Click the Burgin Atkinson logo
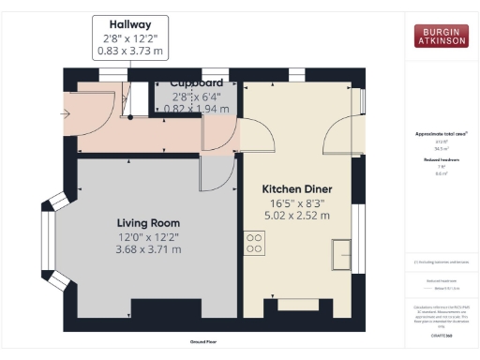point(441,36)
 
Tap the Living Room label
point(148,222)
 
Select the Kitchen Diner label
point(296,188)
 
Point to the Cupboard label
point(196,82)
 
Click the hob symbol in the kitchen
point(254,243)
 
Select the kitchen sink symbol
point(341,254)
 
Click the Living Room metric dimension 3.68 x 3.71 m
point(148,249)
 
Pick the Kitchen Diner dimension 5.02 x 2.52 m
point(296,215)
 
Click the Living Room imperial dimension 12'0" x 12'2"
point(148,236)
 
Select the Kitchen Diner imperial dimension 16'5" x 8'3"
point(296,202)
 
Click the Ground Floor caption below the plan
point(203,342)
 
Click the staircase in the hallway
point(139,97)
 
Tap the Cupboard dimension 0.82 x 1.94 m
point(196,109)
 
